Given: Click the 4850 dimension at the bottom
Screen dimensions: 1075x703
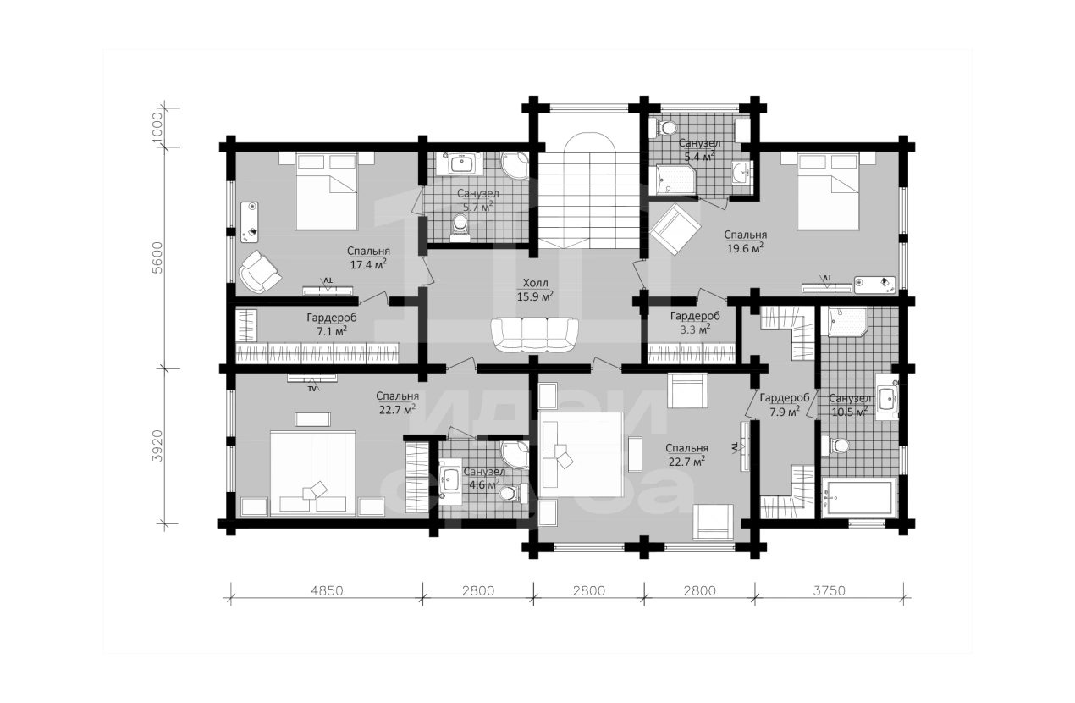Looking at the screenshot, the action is (x=327, y=590).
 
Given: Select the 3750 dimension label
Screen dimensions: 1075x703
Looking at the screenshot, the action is (x=830, y=590).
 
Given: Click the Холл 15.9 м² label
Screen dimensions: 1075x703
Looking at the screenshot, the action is (x=535, y=290).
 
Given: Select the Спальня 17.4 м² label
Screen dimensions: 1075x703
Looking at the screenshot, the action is (x=368, y=257).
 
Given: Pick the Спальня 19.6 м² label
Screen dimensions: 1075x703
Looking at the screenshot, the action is (x=745, y=241).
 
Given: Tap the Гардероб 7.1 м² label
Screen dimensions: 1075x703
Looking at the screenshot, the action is (x=332, y=324).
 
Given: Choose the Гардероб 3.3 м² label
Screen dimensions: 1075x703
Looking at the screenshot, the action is (x=696, y=323).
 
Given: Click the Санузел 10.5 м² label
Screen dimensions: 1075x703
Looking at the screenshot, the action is (x=850, y=405).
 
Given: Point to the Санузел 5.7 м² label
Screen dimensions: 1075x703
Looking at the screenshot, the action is (x=478, y=200).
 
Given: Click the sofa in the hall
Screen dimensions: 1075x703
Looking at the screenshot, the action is (x=535, y=335).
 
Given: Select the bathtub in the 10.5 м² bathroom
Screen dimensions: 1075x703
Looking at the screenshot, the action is (x=859, y=497).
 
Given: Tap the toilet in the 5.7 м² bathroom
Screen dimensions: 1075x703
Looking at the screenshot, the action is (x=460, y=228).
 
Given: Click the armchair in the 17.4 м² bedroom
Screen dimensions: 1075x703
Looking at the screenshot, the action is (x=260, y=271).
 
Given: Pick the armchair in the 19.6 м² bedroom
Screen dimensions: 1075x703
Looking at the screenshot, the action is (x=675, y=229).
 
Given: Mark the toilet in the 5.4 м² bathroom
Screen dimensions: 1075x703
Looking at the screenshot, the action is (x=663, y=128).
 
